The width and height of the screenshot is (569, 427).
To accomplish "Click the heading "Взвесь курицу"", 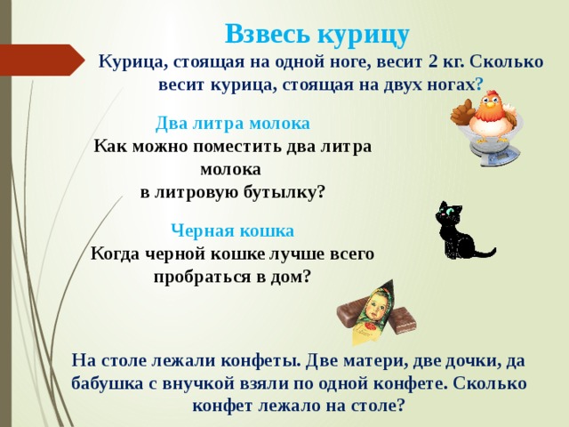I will [317, 34].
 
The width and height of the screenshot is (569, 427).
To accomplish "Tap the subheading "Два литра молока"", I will [233, 123].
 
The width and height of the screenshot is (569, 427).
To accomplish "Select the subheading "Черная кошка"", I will [233, 231].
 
